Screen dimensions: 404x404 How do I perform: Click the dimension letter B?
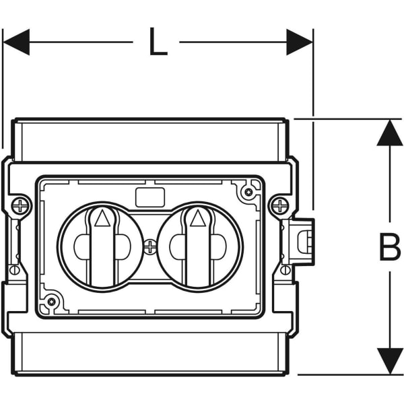tap(389, 247)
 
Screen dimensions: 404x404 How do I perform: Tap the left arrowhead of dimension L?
tap(16, 42)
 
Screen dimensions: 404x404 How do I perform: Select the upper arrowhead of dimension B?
tap(389, 133)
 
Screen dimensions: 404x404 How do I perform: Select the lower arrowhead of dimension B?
tap(389, 361)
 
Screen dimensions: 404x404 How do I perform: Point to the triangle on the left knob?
tap(101, 217)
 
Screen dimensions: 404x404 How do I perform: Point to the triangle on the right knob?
tap(197, 217)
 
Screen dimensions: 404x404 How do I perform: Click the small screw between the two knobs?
tap(150, 247)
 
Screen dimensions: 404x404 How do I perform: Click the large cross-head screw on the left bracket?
tap(21, 205)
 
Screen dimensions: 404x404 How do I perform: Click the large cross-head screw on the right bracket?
tap(278, 205)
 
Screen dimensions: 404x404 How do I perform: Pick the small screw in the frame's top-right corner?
tap(249, 193)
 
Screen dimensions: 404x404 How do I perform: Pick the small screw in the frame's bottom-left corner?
tap(51, 301)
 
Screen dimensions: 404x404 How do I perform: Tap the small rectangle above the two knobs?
tap(149, 197)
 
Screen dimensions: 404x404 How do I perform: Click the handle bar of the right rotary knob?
tap(197, 252)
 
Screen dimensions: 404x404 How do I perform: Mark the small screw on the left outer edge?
tap(13, 270)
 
